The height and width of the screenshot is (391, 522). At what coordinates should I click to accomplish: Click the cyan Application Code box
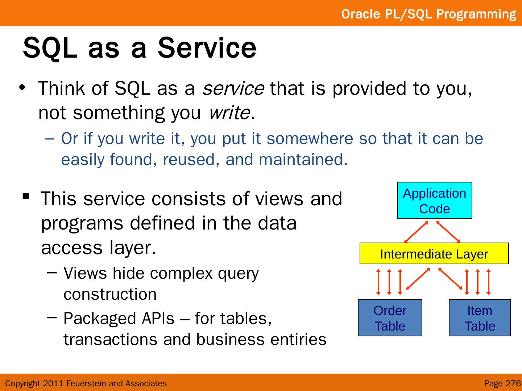(435, 200)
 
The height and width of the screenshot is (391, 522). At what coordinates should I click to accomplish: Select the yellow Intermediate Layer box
(434, 253)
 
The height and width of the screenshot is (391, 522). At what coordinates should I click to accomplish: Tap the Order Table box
(390, 318)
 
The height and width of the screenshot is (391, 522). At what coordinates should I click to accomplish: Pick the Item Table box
(480, 318)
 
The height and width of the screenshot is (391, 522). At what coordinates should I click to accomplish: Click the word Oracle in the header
(361, 14)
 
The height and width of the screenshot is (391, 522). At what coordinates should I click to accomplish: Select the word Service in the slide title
(207, 48)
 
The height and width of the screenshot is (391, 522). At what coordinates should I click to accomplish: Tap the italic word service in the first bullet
(233, 89)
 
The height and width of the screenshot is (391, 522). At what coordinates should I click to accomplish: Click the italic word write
(229, 113)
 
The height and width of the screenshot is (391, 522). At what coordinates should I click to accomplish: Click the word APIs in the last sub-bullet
(158, 318)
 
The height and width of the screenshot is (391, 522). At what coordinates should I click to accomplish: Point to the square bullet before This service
(26, 197)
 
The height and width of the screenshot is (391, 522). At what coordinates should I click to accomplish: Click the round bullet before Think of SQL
(22, 87)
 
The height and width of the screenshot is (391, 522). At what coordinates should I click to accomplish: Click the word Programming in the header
(476, 14)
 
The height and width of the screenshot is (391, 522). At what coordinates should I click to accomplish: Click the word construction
(110, 294)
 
